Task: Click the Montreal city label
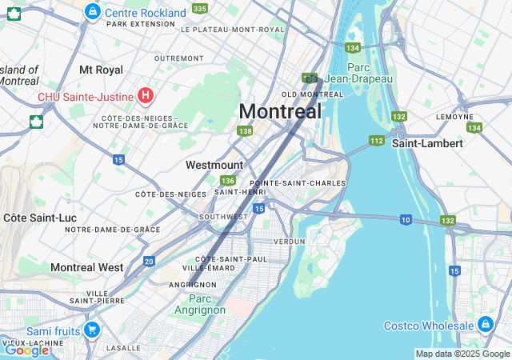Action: (x=280, y=111)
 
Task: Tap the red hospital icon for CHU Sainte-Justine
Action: (x=145, y=96)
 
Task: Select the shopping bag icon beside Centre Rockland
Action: (x=93, y=12)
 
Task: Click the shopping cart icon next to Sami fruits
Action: (x=92, y=329)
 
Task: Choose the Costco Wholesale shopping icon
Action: (x=486, y=324)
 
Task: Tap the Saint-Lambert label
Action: (x=427, y=143)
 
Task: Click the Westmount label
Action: (x=214, y=165)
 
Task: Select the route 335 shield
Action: (x=199, y=9)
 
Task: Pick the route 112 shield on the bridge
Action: (x=377, y=141)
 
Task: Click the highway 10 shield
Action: (x=406, y=220)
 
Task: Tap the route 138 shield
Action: (x=245, y=131)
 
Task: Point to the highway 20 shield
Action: (x=149, y=261)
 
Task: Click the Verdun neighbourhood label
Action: (x=289, y=241)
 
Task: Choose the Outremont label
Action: (x=178, y=58)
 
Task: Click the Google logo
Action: (x=26, y=350)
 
